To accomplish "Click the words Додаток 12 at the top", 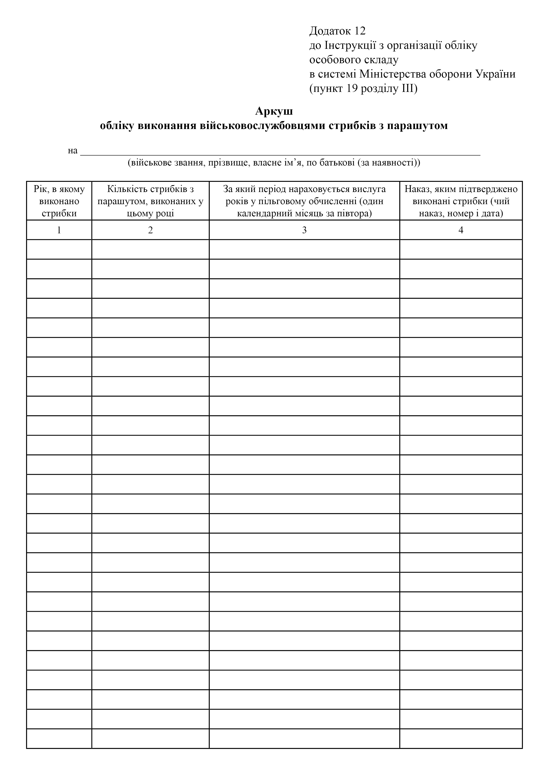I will pyautogui.click(x=337, y=31).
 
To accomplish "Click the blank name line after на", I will pyautogui.click(x=280, y=151).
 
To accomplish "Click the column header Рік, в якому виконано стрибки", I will pyautogui.click(x=59, y=201).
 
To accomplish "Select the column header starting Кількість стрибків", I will pyautogui.click(x=151, y=201).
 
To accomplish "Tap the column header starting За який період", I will pyautogui.click(x=304, y=201).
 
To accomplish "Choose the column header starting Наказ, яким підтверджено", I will pyautogui.click(x=461, y=201).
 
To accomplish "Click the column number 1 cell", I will pyautogui.click(x=59, y=230).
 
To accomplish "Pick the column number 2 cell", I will pyautogui.click(x=151, y=230).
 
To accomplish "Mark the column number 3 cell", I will pyautogui.click(x=304, y=230).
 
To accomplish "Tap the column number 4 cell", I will pyautogui.click(x=461, y=230).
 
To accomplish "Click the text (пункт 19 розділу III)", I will pyautogui.click(x=363, y=89).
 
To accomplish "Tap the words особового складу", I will pyautogui.click(x=354, y=60).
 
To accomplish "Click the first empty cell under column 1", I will pyautogui.click(x=59, y=249).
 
